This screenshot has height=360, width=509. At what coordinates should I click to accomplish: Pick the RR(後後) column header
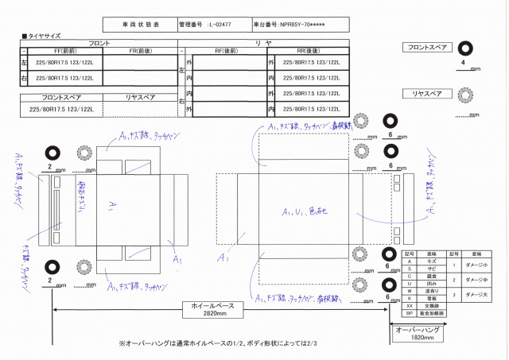pyautogui.click(x=305, y=50)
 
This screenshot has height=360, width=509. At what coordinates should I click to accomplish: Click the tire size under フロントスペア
pyautogui.click(x=59, y=108)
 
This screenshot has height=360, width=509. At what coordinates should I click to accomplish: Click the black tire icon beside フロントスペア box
pyautogui.click(x=463, y=49)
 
